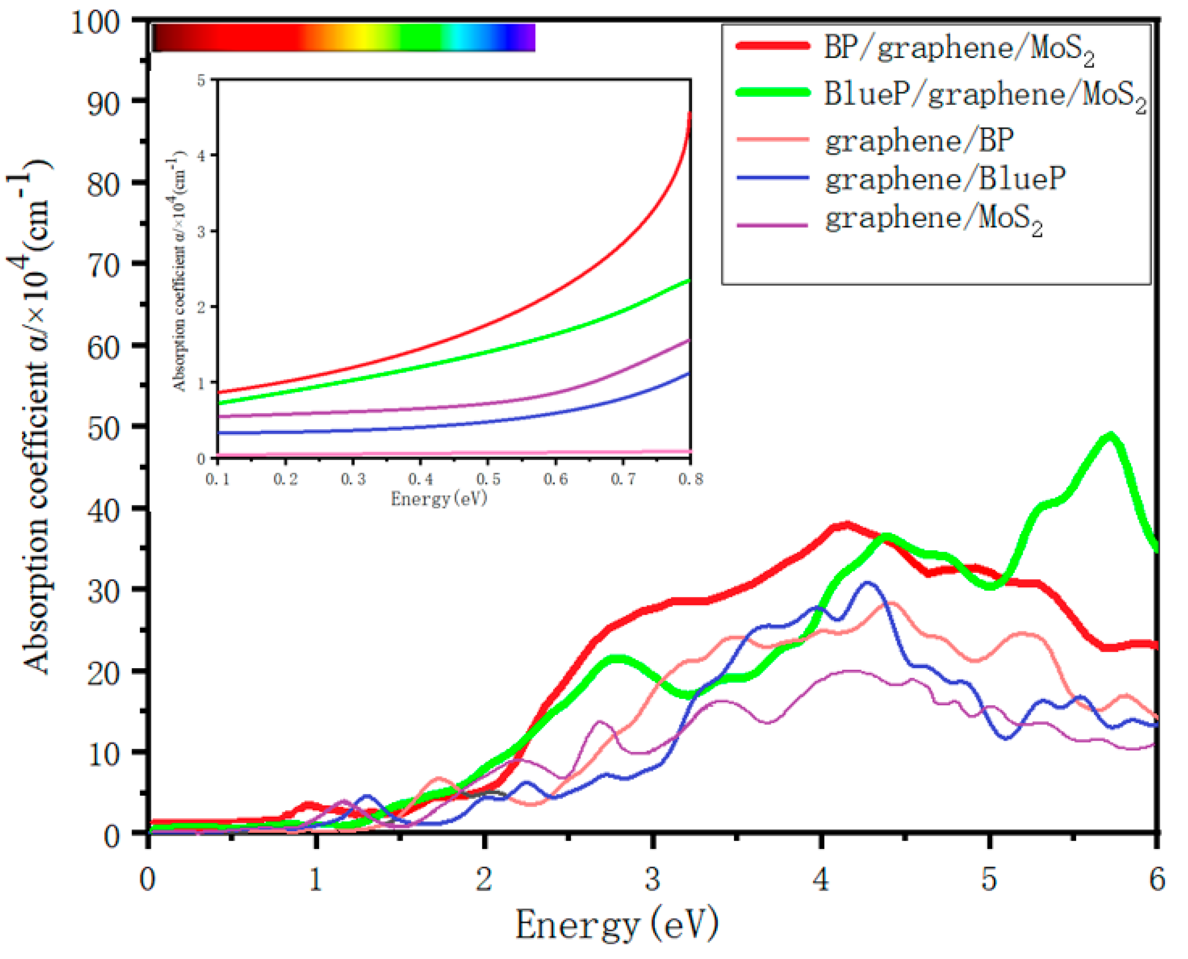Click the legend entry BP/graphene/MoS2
click(959, 50)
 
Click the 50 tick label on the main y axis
click(103, 429)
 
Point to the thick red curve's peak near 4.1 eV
click(847, 524)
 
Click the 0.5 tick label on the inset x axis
click(488, 479)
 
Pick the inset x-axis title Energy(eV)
click(439, 499)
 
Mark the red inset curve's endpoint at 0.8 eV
click(690, 113)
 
